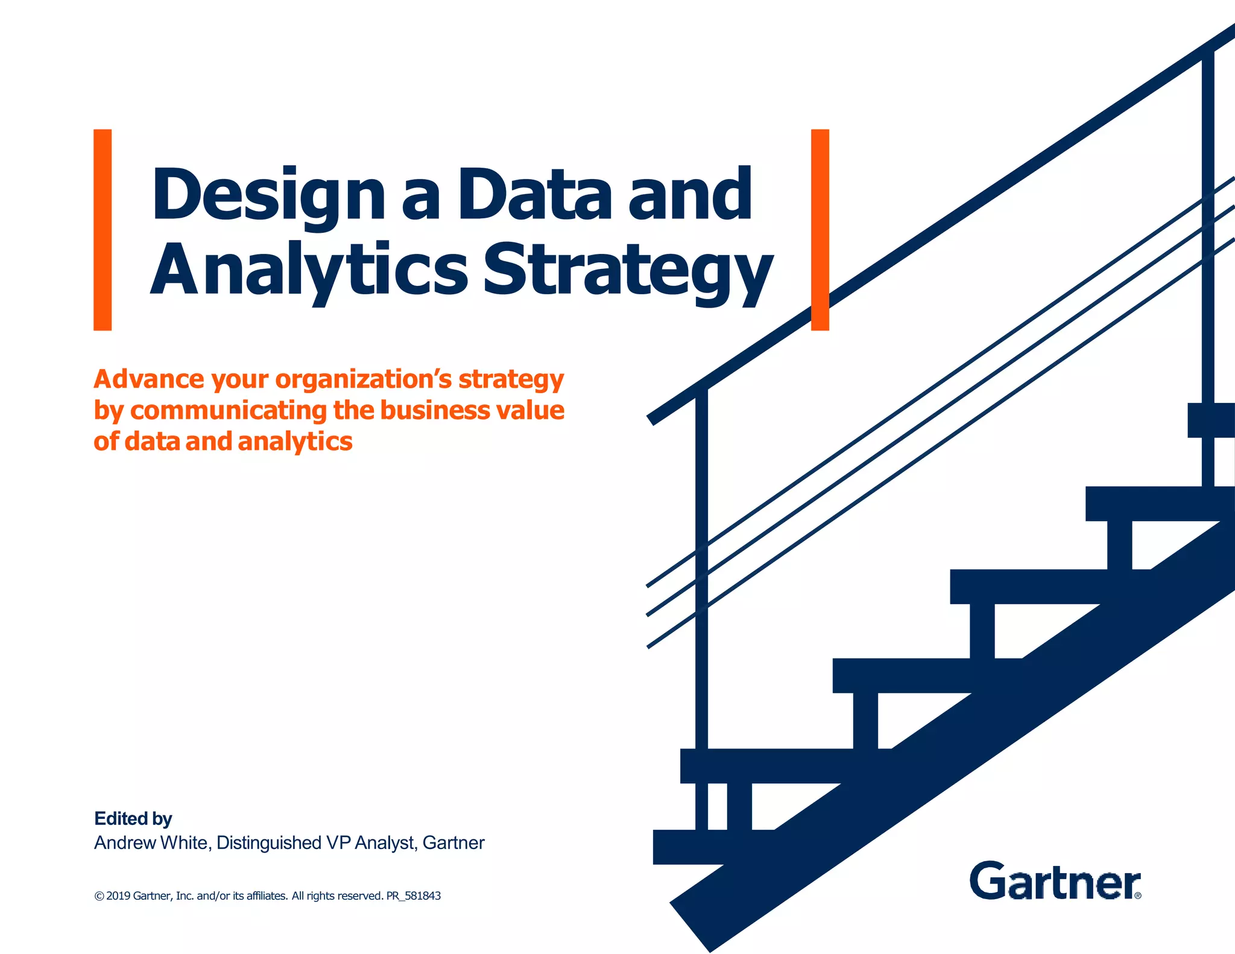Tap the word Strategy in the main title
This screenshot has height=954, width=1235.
coord(627,270)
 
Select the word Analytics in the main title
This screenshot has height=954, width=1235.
coord(308,270)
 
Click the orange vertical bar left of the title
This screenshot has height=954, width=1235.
coord(103,230)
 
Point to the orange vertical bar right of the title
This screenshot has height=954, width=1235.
coord(820,230)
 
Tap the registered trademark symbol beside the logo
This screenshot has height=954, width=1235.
coord(1138,896)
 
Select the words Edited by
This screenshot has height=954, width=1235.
coord(133,818)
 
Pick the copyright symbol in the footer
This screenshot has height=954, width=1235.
coord(99,896)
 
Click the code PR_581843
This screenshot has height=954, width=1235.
coord(414,896)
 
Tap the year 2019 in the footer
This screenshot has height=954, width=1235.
coord(118,896)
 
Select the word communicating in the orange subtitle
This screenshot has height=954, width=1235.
coord(229,411)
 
